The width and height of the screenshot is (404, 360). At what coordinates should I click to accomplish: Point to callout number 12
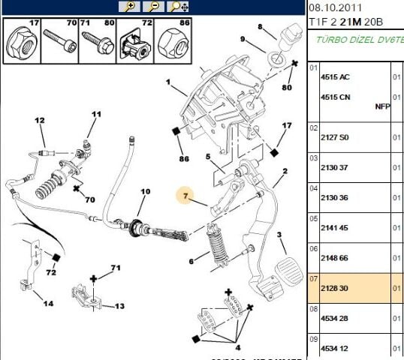click(40, 120)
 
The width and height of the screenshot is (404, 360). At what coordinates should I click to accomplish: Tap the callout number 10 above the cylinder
click(145, 192)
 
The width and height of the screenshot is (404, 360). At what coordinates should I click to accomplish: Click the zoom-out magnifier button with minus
click(153, 7)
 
